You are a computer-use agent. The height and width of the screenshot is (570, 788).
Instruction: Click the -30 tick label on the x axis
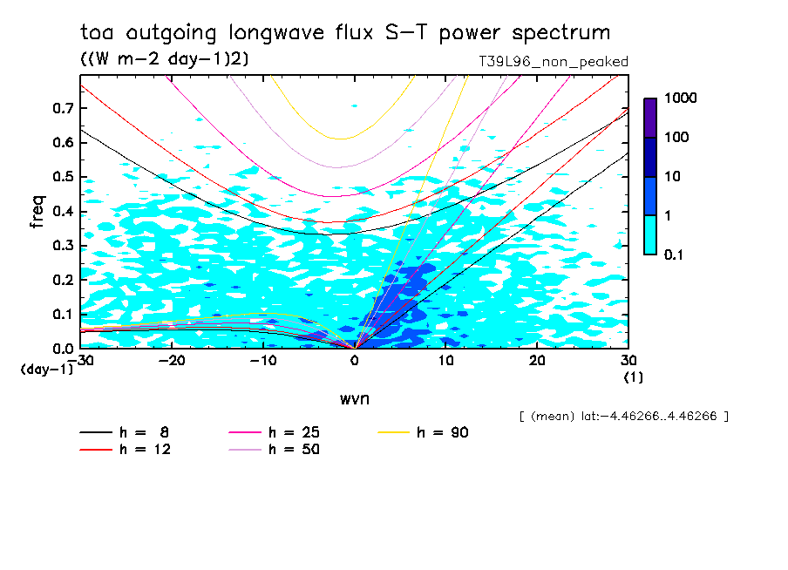click(x=81, y=360)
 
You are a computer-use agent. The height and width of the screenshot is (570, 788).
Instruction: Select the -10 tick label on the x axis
click(x=263, y=360)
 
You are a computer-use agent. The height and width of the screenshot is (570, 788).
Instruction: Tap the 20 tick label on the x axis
click(x=537, y=360)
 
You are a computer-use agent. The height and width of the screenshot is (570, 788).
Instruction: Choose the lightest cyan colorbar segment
click(x=650, y=234)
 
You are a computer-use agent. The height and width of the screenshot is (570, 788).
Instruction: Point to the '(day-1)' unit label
click(x=47, y=369)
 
